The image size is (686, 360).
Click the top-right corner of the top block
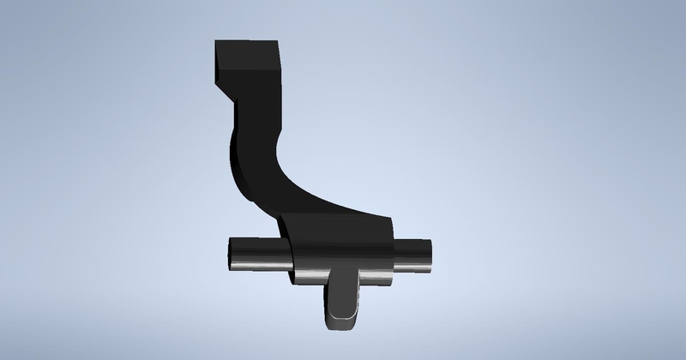tap(281, 40)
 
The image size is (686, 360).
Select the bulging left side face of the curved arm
tap(236, 163)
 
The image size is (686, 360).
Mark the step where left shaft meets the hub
tap(288, 257)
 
